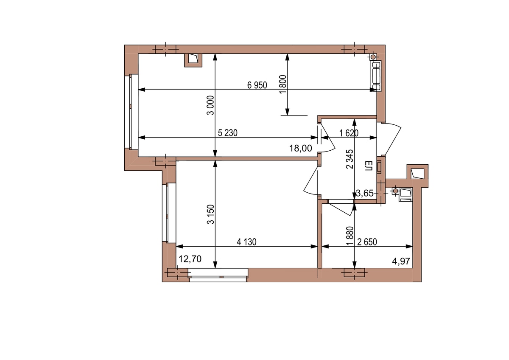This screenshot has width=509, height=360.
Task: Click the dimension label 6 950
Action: click(x=257, y=85)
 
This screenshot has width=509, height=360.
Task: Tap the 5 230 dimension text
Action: click(x=227, y=133)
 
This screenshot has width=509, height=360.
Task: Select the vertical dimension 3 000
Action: click(x=211, y=105)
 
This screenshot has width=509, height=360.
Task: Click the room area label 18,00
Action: click(x=300, y=148)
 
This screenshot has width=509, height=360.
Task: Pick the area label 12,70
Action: click(x=190, y=259)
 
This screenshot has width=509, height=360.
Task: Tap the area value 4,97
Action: click(x=401, y=262)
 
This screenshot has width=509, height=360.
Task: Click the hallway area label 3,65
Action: click(x=365, y=193)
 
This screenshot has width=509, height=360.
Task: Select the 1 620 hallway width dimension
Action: click(x=349, y=133)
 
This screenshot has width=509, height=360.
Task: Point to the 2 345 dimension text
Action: click(x=350, y=159)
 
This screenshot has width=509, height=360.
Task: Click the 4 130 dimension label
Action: click(x=246, y=242)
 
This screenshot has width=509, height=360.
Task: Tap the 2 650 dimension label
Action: click(x=367, y=242)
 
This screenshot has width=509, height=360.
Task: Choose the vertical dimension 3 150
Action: click(x=211, y=214)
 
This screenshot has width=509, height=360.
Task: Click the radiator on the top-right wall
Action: click(x=377, y=76)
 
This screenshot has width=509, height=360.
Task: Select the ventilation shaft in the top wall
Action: click(x=193, y=60)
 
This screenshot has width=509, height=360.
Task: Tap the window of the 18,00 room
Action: click(x=131, y=112)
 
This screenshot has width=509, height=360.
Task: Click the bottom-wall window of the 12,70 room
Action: click(x=218, y=275)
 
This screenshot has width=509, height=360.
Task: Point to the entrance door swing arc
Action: click(x=393, y=139)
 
